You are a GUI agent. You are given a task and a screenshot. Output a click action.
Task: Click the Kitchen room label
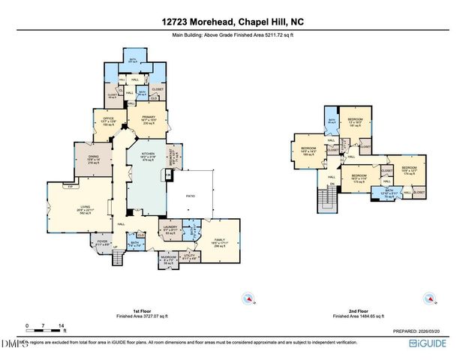[x=146, y=154]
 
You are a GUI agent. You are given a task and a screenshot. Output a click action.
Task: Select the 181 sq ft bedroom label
[x=355, y=122]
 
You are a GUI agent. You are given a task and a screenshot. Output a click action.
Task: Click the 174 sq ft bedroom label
[x=408, y=170]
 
